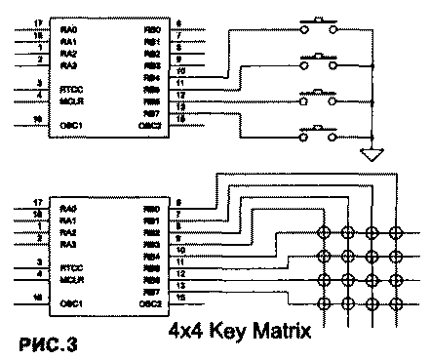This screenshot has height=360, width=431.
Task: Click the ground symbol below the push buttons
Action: pyautogui.click(x=368, y=154)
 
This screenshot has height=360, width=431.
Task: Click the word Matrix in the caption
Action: pyautogui.click(x=277, y=332)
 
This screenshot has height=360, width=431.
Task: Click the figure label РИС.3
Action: pyautogui.click(x=45, y=343)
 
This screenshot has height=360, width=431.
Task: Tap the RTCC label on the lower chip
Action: pyautogui.click(x=69, y=265)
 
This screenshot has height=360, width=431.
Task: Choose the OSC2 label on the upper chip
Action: pyautogui.click(x=149, y=126)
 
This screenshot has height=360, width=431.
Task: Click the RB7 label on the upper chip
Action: pyautogui.click(x=150, y=115)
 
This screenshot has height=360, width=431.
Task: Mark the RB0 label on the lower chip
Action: pyautogui.click(x=150, y=209)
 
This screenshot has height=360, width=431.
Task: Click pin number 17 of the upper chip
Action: pyautogui.click(x=36, y=22)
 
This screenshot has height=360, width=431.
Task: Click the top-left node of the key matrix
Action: pyautogui.click(x=323, y=233)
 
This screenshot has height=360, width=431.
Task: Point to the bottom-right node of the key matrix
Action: pyautogui.click(x=396, y=299)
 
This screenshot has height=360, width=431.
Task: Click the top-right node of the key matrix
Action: pyautogui.click(x=396, y=233)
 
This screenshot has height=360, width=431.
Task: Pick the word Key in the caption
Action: pyautogui.click(x=230, y=332)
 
